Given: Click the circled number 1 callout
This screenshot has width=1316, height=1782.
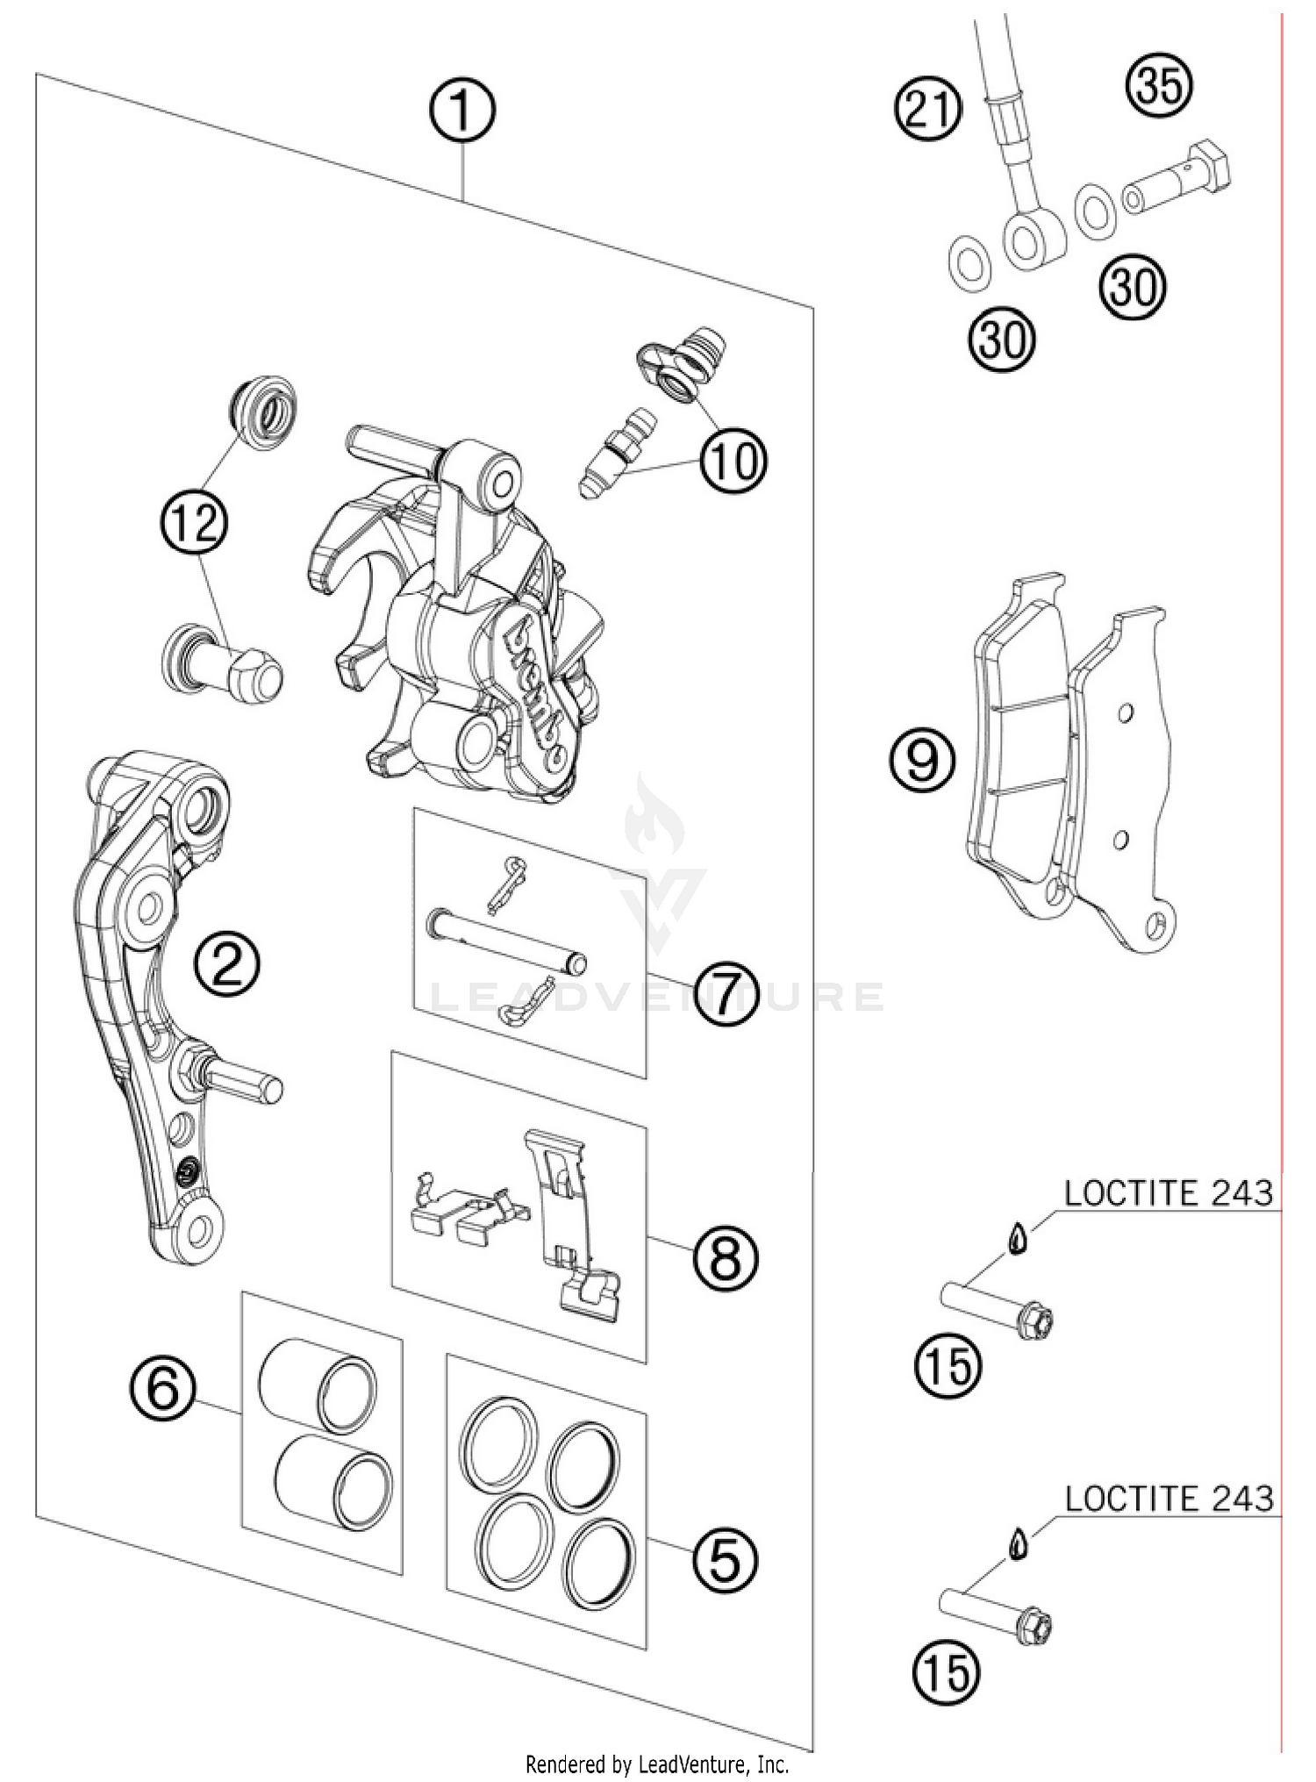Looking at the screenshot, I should (461, 111).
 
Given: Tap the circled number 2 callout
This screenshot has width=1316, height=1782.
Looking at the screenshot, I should (227, 964).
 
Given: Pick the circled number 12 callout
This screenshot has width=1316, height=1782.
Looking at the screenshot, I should (194, 524).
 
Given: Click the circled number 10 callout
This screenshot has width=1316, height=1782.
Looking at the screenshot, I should (733, 461).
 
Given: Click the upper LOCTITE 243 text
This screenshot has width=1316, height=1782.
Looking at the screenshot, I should (1168, 1194).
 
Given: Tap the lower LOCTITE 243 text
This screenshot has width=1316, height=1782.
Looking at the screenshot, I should (1168, 1499).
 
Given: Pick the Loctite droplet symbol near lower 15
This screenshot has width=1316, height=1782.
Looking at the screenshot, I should (1018, 1543).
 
